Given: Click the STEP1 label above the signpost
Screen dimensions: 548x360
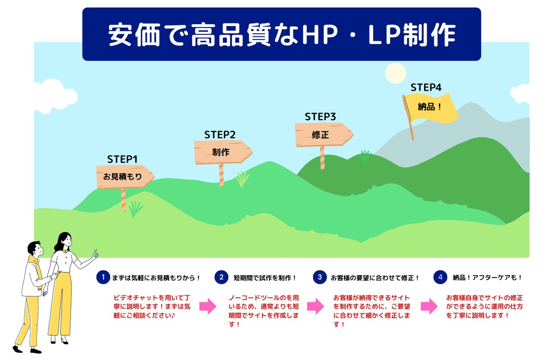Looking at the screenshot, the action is coord(122,159).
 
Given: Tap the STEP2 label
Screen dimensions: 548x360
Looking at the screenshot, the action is coord(220,135).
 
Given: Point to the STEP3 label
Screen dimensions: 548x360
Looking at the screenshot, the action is coord(320,117).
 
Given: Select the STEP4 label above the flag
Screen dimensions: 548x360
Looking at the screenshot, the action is coord(426,88).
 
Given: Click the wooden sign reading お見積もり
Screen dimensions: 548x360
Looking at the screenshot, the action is coord(125,176).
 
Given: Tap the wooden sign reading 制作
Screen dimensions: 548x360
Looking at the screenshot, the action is coord(223,152).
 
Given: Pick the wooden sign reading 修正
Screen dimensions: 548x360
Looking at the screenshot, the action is coord(324,135).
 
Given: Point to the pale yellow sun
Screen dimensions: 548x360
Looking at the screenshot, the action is coord(396,73).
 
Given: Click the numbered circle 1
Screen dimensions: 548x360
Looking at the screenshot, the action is coord(103,277).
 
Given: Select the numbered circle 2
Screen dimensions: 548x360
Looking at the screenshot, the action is coord(221,277).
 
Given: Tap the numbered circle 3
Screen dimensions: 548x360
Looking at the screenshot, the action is coord(320,277).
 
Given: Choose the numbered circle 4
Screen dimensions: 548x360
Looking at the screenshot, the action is coord(440,277).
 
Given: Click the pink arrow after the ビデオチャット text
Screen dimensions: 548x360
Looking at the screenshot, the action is coord(208,306).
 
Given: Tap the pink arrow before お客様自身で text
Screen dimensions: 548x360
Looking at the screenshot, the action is coord(429,306).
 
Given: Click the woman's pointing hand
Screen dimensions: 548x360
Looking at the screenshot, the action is coord(95,255).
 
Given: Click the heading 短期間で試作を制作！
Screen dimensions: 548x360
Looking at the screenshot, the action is coord(265,278).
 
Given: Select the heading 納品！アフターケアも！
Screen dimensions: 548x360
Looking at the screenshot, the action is coord(487,278).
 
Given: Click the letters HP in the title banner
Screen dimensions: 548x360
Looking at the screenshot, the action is coord(320,35).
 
